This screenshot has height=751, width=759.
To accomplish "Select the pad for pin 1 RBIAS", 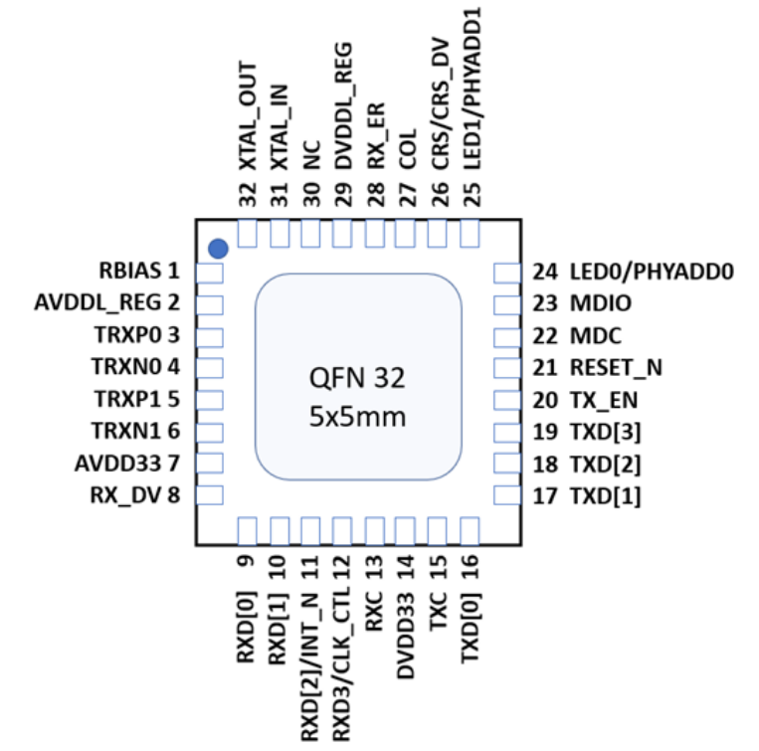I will point(209,273).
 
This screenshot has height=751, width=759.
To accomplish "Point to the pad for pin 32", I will point(249,235).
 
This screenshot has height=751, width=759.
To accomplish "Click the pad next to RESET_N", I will point(508,368).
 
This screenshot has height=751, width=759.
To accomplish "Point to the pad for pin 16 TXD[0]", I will point(469,529).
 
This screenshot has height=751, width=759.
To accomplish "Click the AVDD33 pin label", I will point(118,464).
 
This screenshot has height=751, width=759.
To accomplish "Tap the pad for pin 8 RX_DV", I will point(209,495).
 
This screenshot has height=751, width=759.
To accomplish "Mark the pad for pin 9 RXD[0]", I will point(249,529).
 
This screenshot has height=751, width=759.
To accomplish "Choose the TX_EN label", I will point(603,400).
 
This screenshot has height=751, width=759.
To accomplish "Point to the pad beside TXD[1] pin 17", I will point(508,495).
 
